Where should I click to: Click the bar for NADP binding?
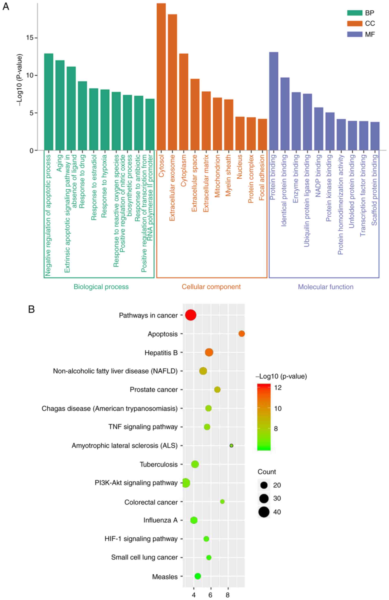319,129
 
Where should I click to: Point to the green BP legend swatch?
354,13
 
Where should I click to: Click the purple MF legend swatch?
354,34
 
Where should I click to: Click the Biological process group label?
101,287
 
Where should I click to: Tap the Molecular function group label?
325,287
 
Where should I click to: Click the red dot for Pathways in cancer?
191,315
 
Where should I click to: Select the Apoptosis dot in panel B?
241,334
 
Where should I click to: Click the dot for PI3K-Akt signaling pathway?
186,483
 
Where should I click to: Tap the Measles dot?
198,576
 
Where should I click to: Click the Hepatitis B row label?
161,353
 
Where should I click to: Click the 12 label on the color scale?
278,387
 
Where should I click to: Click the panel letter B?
31,309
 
